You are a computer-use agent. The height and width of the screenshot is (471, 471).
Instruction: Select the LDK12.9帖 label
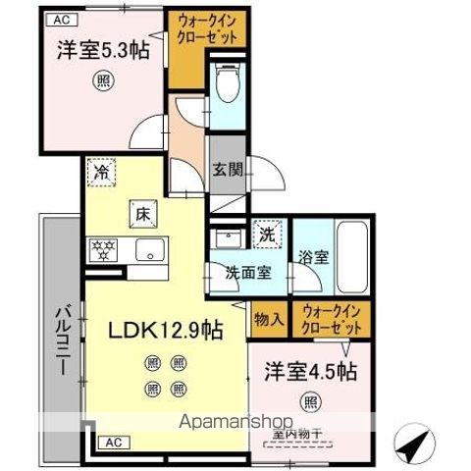166,330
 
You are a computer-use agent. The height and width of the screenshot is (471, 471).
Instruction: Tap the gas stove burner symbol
101,246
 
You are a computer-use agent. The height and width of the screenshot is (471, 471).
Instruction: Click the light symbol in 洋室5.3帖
101,80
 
